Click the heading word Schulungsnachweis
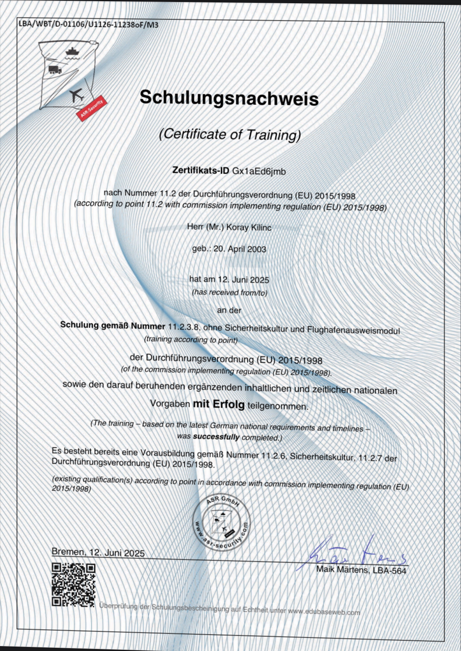tap(229, 98)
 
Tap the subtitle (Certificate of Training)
tap(230, 134)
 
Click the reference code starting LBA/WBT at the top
tap(89, 24)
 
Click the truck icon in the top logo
tap(54, 70)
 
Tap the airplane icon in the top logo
tap(76, 96)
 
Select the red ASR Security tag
tap(92, 108)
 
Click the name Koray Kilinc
tap(249, 228)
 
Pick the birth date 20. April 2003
tap(240, 249)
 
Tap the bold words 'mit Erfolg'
tap(219, 404)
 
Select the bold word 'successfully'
tap(216, 437)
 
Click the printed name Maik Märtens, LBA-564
tap(361, 570)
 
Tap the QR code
tap(74, 585)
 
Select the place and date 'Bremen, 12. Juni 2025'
tap(98, 553)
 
